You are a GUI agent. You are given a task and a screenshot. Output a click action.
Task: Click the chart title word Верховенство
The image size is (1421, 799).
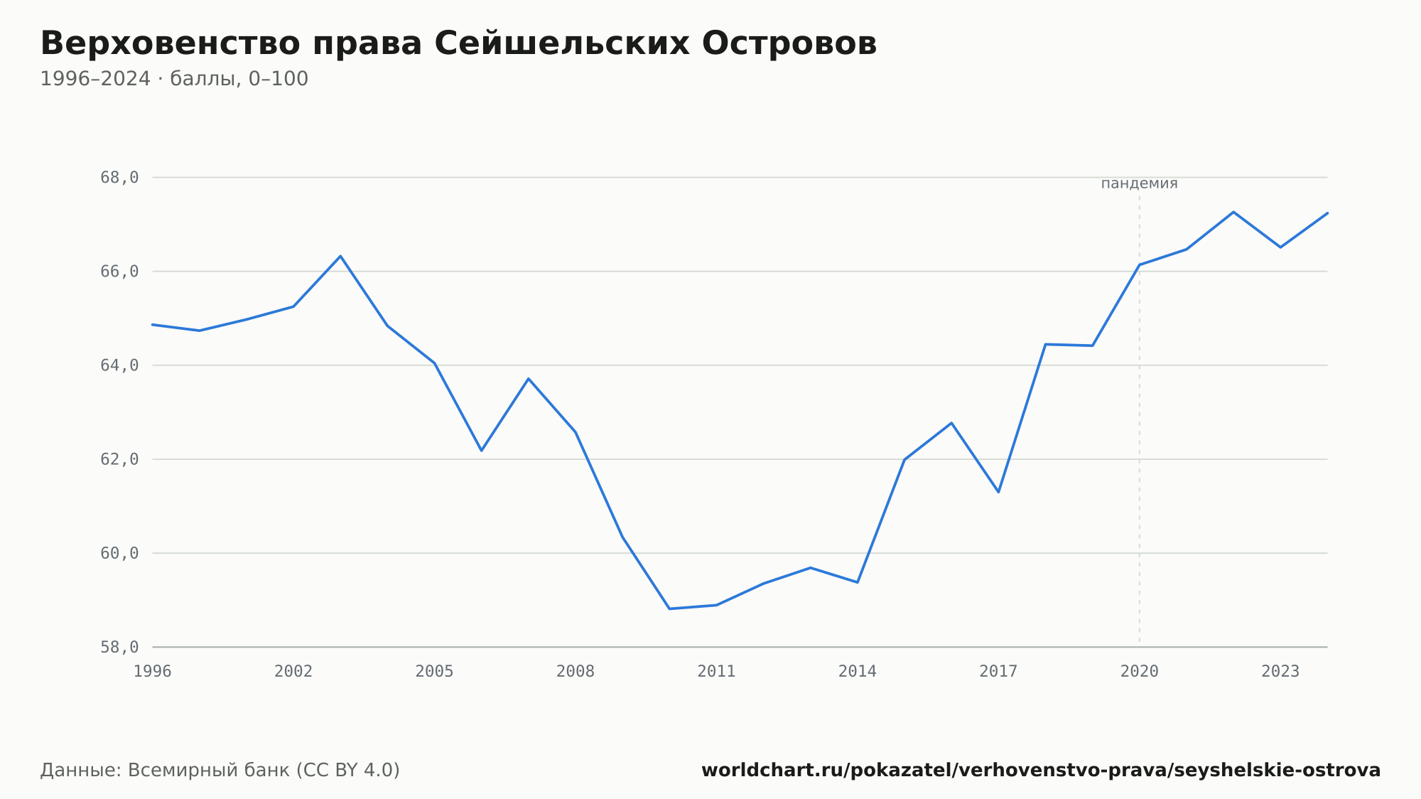click(x=171, y=44)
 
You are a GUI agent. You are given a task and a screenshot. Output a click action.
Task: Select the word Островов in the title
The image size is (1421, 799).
click(x=789, y=44)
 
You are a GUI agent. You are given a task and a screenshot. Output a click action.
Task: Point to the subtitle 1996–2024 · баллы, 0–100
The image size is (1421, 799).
click(x=174, y=79)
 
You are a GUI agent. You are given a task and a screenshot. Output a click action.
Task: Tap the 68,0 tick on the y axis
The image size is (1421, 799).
click(x=119, y=178)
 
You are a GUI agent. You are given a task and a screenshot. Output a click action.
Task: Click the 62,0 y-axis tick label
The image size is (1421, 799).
click(x=119, y=459)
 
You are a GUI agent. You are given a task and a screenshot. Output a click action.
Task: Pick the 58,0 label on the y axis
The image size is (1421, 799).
click(x=119, y=647)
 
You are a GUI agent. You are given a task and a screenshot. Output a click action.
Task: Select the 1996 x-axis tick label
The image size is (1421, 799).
click(x=153, y=671)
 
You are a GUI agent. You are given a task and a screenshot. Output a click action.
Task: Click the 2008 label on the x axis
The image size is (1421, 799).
click(x=576, y=671)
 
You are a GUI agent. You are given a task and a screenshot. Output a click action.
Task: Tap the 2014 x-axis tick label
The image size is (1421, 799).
click(x=858, y=671)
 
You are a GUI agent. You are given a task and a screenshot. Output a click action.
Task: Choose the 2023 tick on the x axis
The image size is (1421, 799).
click(x=1280, y=671)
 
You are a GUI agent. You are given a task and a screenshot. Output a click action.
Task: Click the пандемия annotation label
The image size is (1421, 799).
click(x=1139, y=183)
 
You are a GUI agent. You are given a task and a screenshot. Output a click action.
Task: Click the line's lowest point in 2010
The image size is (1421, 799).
click(x=669, y=608)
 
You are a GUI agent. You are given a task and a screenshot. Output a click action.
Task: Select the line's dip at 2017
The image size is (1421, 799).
click(x=998, y=492)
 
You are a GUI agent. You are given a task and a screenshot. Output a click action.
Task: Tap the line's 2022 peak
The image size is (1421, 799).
click(x=1233, y=212)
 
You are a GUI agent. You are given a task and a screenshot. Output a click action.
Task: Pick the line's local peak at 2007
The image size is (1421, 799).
click(x=529, y=378)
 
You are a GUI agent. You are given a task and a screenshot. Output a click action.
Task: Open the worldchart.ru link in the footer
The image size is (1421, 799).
click(x=1041, y=771)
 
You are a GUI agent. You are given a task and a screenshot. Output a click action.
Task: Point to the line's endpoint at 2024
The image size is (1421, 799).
click(x=1327, y=213)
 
